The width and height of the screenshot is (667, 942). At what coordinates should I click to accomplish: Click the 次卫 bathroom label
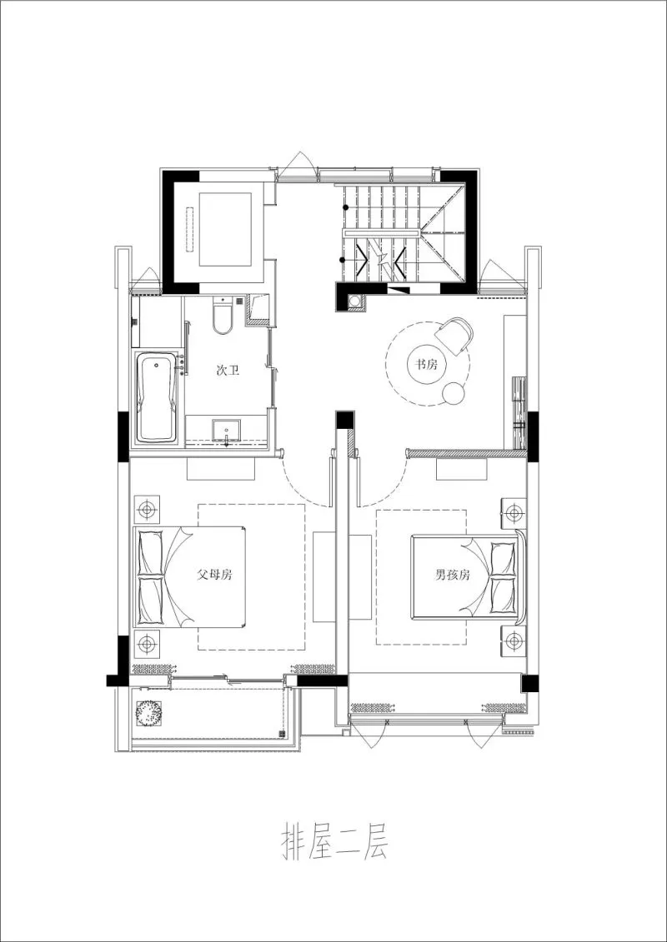pyautogui.click(x=228, y=370)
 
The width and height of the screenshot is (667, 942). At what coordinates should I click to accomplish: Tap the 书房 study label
pyautogui.click(x=427, y=364)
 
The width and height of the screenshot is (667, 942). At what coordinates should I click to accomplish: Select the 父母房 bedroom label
pyautogui.click(x=214, y=574)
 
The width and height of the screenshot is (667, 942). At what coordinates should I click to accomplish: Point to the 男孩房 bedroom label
pyautogui.click(x=453, y=574)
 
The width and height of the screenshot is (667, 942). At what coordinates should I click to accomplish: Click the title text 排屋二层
pyautogui.click(x=332, y=844)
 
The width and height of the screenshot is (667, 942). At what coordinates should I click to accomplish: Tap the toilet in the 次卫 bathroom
pyautogui.click(x=223, y=317)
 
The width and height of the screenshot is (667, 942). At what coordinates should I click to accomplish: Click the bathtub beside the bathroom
pyautogui.click(x=156, y=398)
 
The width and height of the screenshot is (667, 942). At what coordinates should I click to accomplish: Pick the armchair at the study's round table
pyautogui.click(x=455, y=335)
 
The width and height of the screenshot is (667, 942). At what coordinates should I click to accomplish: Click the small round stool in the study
pyautogui.click(x=455, y=392)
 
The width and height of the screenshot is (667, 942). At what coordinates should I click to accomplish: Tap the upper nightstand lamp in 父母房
pyautogui.click(x=148, y=508)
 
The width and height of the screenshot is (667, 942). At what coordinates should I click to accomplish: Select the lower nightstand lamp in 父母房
pyautogui.click(x=148, y=642)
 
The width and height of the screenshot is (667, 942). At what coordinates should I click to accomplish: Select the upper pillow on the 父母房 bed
pyautogui.click(x=151, y=551)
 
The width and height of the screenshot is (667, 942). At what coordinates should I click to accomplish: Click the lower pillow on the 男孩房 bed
pyautogui.click(x=505, y=596)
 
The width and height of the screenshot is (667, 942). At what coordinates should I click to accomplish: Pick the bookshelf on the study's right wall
pyautogui.click(x=518, y=413)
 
